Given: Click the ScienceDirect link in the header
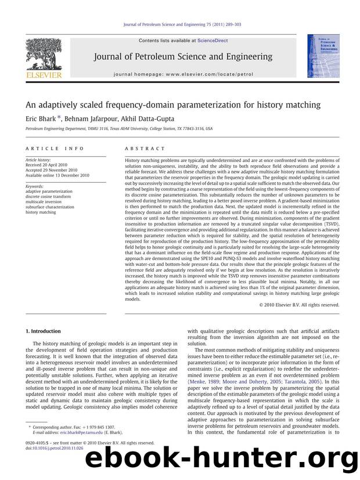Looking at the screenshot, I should [x=213, y=41].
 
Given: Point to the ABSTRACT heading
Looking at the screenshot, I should [x=145, y=149].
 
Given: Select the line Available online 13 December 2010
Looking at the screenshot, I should [x=57, y=175].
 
